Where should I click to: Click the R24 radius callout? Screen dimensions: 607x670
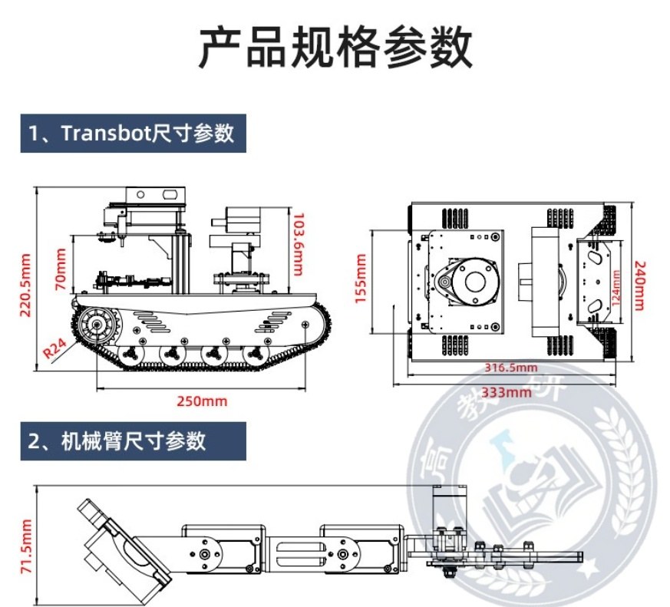coord(54,349)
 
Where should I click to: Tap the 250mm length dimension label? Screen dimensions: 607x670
coord(202,401)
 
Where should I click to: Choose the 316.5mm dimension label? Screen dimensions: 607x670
coord(510,368)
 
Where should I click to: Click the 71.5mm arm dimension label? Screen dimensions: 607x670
coord(28,546)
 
